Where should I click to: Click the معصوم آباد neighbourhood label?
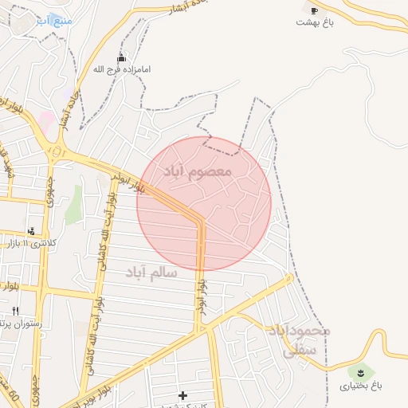tap(197, 171)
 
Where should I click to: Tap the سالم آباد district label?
tap(151, 273)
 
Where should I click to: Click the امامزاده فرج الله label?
tap(121, 69)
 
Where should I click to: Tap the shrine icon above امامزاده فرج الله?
tap(121, 57)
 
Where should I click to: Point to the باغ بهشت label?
tap(313, 22)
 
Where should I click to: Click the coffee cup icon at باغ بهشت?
tap(313, 10)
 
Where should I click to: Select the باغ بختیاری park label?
tap(361, 386)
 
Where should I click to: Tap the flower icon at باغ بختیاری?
tap(361, 371)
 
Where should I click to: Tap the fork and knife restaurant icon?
tap(15, 310)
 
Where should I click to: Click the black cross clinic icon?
tap(183, 394)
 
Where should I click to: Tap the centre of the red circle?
tap(204, 203)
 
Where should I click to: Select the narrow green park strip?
tap(74, 205)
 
